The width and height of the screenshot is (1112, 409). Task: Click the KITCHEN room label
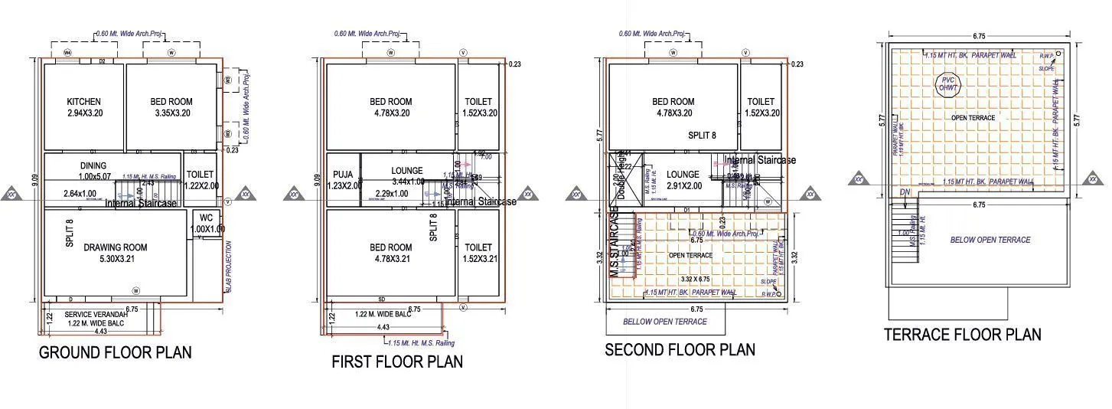[x=83, y=101]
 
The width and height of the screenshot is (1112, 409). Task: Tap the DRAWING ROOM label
[x=116, y=247]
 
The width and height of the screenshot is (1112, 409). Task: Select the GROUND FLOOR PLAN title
[x=115, y=353]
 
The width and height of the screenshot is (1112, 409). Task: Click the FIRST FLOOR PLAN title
[x=397, y=362]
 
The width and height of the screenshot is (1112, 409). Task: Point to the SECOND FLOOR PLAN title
[x=680, y=350]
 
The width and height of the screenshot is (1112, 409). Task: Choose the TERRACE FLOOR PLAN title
[x=962, y=335]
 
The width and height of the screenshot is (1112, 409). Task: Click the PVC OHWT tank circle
[x=948, y=84]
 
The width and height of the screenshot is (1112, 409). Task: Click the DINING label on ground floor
[x=93, y=165]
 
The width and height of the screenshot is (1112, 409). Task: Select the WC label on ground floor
[x=205, y=218]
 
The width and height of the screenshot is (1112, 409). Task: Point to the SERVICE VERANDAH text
[x=95, y=315]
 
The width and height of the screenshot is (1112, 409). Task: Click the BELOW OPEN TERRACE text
[x=990, y=240]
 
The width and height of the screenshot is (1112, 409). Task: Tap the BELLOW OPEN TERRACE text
[x=664, y=322]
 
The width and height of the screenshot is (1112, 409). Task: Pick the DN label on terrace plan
[x=905, y=192]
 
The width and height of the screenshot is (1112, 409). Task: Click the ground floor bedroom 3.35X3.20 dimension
[x=171, y=113]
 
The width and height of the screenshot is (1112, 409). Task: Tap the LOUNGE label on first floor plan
[x=407, y=172]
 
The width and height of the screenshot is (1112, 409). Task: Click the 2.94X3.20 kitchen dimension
[x=83, y=113]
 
